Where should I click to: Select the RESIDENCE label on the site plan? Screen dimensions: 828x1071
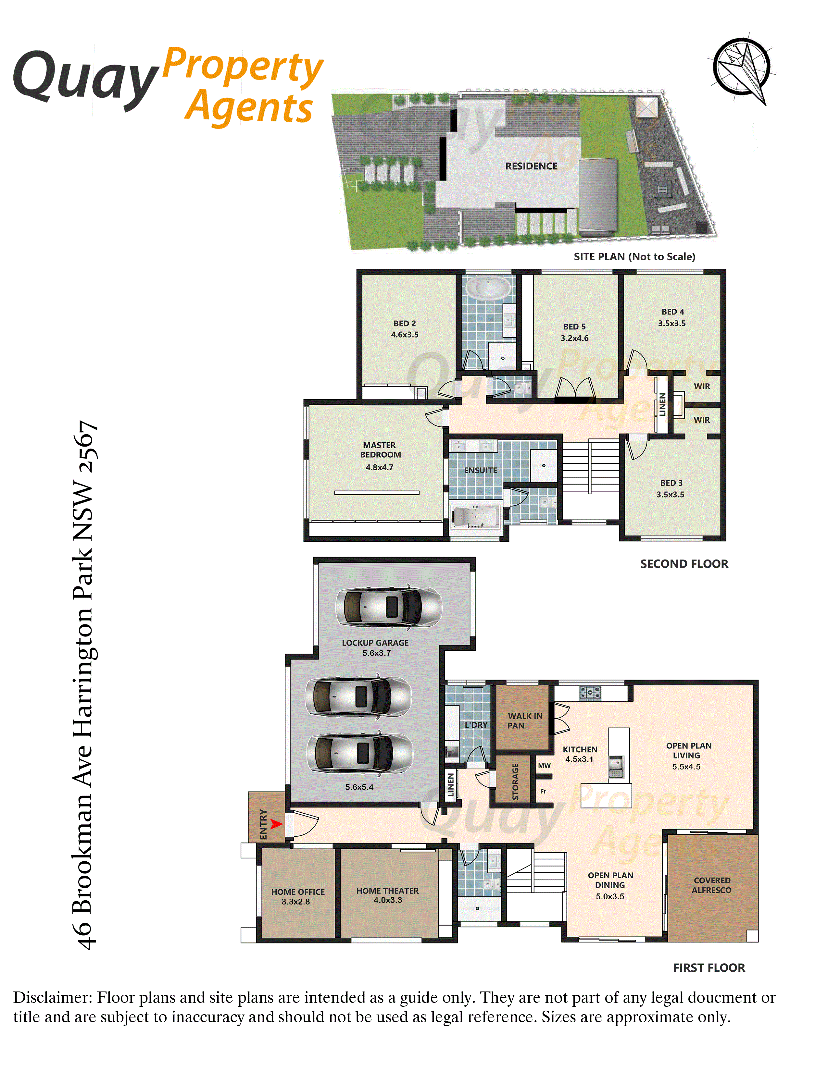point(531,166)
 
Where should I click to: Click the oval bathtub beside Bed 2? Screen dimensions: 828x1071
point(488,288)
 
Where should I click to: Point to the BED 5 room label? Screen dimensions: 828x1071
point(574,326)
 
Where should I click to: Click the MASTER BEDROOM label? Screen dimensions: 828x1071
point(380,450)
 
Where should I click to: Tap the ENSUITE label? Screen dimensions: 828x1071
point(481,470)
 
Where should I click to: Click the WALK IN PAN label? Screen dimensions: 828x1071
point(525,721)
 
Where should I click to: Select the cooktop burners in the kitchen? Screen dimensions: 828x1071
point(590,693)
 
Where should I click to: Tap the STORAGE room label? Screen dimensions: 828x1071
point(515,782)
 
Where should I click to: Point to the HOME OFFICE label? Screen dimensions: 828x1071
point(298,892)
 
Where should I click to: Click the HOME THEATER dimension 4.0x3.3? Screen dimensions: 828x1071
point(387,900)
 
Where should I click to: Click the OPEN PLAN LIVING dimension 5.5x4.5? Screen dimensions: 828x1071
point(686,767)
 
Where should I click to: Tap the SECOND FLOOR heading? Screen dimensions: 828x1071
point(684,564)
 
